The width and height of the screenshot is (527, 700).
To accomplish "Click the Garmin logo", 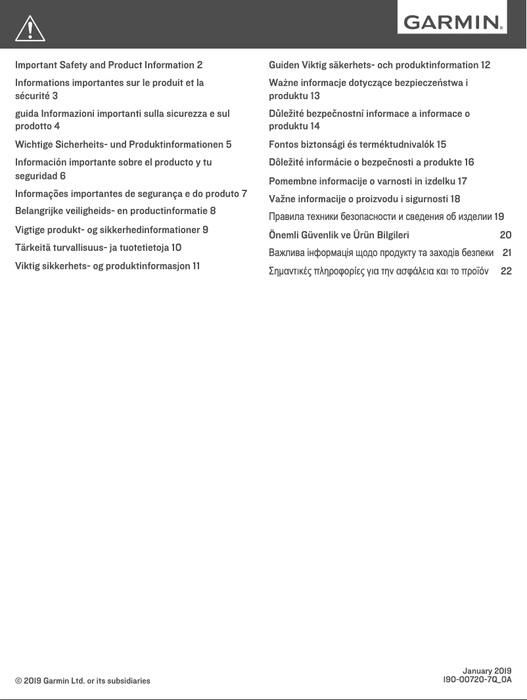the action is click(x=452, y=24).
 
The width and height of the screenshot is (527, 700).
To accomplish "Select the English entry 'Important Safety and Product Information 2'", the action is click(x=108, y=65).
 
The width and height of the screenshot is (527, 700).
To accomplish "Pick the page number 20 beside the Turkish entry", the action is click(x=505, y=235).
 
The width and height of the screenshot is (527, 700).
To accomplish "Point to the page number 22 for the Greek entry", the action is click(x=506, y=271).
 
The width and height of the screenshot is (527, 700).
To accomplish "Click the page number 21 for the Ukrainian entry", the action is click(x=507, y=253).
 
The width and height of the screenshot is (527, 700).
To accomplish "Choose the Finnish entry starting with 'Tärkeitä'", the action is click(x=99, y=248).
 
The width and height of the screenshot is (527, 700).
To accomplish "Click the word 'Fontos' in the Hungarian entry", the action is click(x=284, y=144).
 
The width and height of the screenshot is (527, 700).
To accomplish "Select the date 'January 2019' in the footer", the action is click(x=487, y=670).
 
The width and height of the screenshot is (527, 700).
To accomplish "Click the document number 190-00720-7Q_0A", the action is click(x=478, y=680).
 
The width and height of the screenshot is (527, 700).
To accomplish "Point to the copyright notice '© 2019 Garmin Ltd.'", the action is click(x=83, y=681).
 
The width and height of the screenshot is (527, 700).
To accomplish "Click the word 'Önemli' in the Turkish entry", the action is click(x=285, y=235).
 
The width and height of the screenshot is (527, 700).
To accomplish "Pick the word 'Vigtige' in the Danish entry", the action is click(x=31, y=230).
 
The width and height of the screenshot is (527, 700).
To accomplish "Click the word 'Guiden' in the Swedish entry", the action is click(x=284, y=65).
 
